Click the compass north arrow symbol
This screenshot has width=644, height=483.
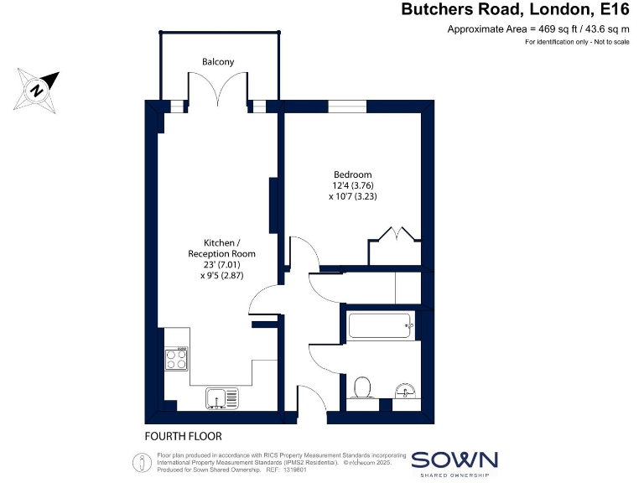click(x=38, y=88)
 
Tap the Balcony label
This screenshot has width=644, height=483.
click(x=218, y=62)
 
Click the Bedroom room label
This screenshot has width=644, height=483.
click(x=353, y=174)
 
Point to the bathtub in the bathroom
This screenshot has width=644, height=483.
click(x=380, y=325)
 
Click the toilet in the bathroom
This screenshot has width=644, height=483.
click(x=363, y=388)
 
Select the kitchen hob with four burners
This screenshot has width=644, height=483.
click(x=177, y=359)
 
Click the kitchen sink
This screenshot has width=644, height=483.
click(x=222, y=397)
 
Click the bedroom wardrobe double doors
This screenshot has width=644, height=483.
click(x=394, y=234)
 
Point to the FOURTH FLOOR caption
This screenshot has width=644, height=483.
click(x=184, y=436)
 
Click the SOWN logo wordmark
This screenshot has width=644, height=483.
click(x=454, y=460)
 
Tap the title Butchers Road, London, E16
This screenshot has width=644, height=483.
click(x=515, y=10)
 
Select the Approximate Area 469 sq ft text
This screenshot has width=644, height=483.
click(x=538, y=29)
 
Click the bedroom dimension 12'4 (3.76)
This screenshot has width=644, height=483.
click(x=353, y=186)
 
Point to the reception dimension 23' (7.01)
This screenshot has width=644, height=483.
click(x=221, y=264)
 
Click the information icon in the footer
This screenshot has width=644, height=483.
click(x=138, y=460)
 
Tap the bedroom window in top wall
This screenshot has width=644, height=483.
click(x=341, y=106)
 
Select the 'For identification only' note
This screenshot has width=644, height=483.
click(x=577, y=42)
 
